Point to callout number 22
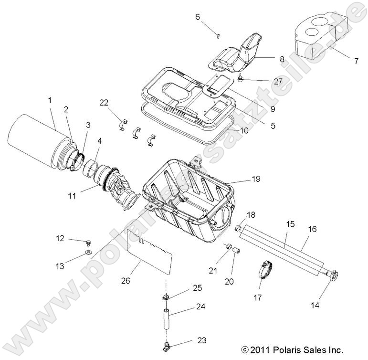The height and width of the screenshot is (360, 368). [105, 103]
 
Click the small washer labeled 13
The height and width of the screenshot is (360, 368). [88, 251]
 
